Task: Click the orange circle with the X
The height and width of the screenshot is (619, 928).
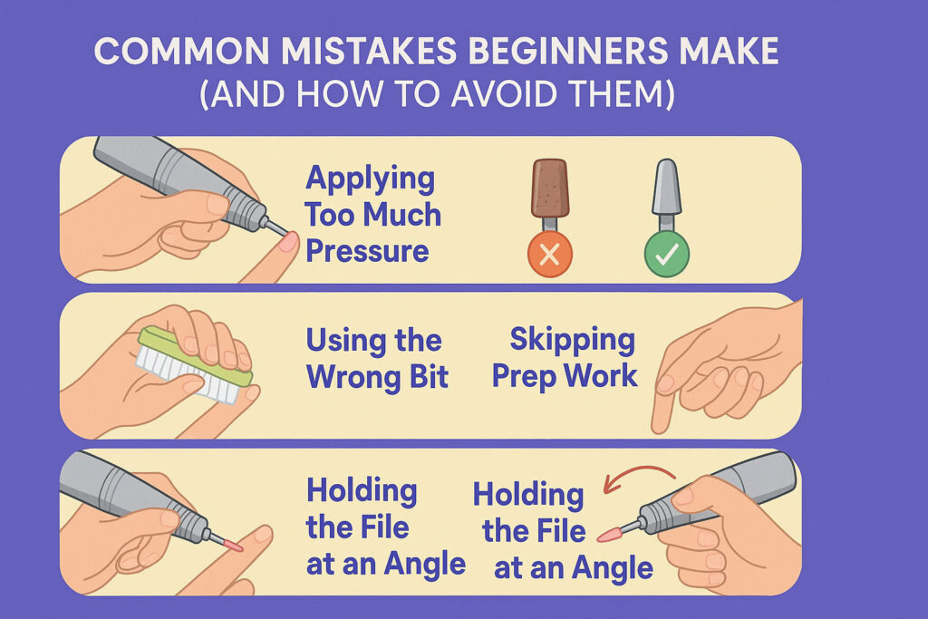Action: click(x=548, y=256)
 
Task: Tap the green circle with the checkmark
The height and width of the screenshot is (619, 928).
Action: click(x=666, y=256)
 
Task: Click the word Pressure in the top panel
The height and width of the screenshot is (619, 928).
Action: click(x=366, y=250)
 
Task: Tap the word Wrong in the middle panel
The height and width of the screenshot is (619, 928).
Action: click(x=349, y=376)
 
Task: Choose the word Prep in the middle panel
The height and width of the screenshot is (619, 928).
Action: click(x=527, y=376)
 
